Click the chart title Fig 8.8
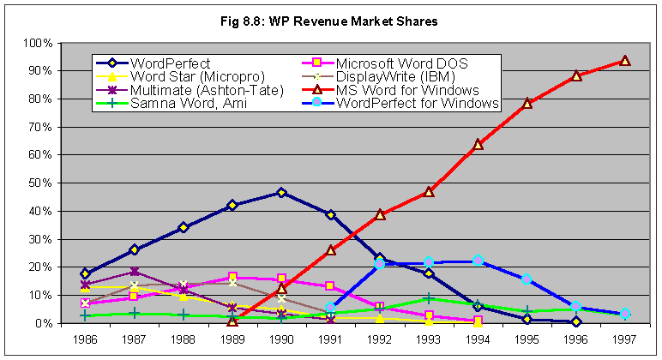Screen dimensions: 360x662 [x=330, y=21]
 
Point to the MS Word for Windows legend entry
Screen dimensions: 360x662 [x=406, y=90]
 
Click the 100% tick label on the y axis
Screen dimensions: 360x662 [x=39, y=43]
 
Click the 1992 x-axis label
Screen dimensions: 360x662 [x=379, y=339]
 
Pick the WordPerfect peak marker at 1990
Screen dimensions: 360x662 [x=281, y=193]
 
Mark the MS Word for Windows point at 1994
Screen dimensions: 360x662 [x=478, y=144]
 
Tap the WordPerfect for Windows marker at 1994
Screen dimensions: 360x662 [x=478, y=261]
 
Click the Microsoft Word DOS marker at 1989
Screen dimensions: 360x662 [x=232, y=277]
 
